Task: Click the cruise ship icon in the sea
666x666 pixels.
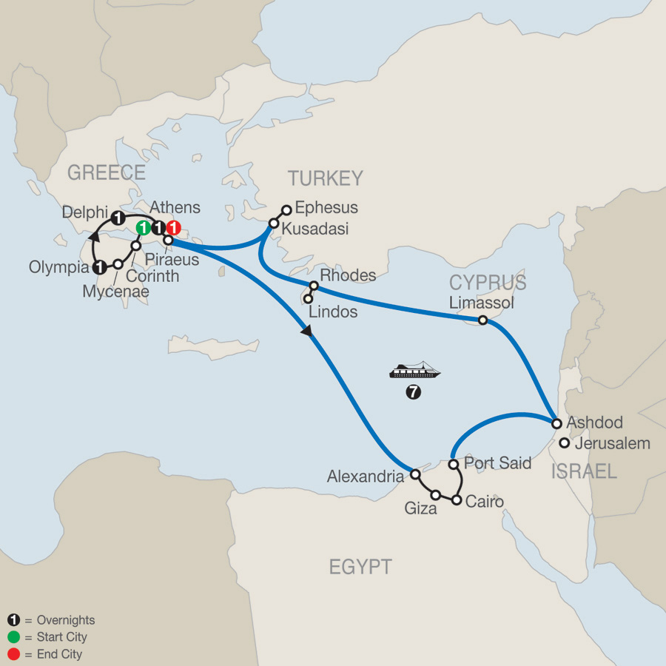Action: (415, 370)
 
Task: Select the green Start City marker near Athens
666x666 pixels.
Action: (144, 228)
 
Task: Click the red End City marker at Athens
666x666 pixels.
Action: (173, 228)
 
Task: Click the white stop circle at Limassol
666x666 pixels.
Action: (482, 320)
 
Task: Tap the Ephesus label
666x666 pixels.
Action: (326, 208)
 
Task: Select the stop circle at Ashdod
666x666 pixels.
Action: (557, 424)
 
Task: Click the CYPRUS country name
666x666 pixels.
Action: (488, 283)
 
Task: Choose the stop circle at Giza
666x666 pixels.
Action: (436, 494)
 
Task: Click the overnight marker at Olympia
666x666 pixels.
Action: (99, 267)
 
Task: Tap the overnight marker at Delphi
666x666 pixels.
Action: (118, 218)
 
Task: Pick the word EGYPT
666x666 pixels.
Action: (360, 568)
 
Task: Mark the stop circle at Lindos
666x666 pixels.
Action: (307, 299)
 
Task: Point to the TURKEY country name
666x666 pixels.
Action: (326, 178)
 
